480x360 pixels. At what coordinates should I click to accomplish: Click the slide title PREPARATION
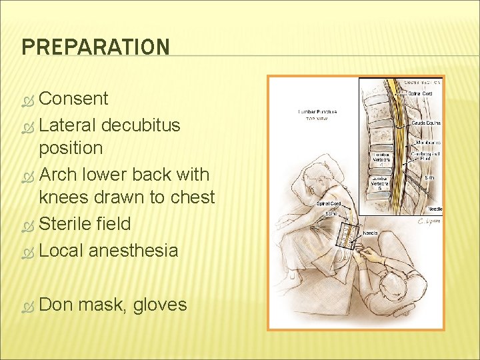tap(95, 47)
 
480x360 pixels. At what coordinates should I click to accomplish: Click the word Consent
tap(73, 99)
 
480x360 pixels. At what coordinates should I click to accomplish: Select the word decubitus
tap(137, 124)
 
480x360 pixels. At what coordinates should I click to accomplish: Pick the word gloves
tap(160, 305)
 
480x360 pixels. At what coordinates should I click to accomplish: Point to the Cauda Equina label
tap(426, 123)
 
